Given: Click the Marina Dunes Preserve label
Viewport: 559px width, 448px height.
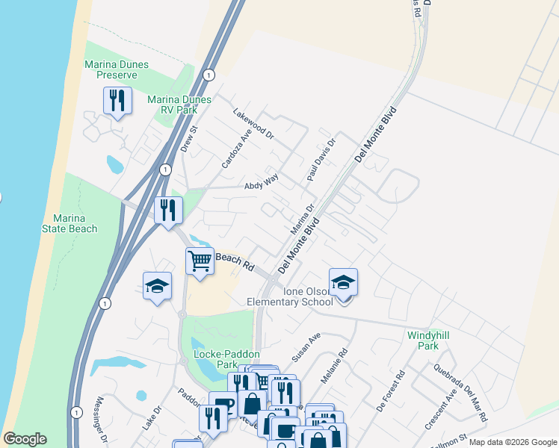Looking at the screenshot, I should coord(111,70).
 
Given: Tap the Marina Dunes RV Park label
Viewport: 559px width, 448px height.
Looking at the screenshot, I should coord(173,105).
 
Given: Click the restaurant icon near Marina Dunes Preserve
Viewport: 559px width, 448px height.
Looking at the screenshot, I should coord(117,101).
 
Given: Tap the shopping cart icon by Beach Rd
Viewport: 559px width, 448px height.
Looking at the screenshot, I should coord(200,262).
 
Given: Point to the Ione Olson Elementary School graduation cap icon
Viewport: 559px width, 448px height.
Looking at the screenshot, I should coord(343,283).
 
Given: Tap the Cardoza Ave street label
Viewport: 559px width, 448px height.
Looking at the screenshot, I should coord(232,151).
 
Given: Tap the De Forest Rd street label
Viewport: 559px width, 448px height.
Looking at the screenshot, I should coord(391,391).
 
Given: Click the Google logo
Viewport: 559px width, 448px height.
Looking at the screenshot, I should coord(25,439).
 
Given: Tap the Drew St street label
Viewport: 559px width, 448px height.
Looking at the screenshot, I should coord(188,139).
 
